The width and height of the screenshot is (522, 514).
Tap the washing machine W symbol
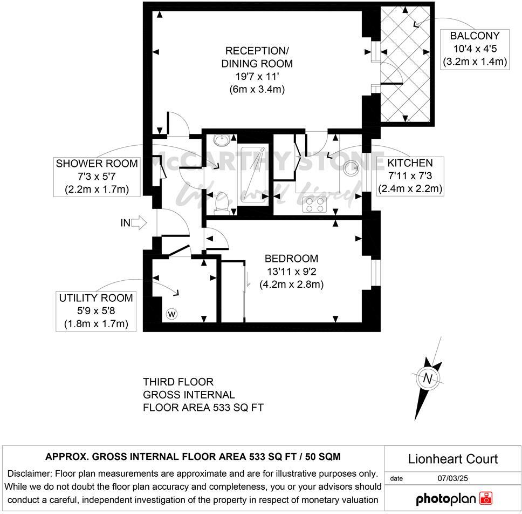(x=171, y=314)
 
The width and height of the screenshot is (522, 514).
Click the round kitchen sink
(x=351, y=167)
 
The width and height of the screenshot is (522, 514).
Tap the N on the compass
(x=427, y=378)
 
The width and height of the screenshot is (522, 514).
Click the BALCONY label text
(x=475, y=36)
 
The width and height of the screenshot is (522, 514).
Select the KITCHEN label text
(x=410, y=163)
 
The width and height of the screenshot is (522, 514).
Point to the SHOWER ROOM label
(x=97, y=164)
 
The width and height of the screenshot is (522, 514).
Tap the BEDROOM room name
(x=291, y=259)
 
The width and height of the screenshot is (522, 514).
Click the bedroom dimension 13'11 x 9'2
(x=291, y=272)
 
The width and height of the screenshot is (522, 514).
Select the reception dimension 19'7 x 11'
(x=257, y=77)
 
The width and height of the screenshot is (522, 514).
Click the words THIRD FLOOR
(x=178, y=382)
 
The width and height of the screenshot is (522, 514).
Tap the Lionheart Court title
(x=452, y=459)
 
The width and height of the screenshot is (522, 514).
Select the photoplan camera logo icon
(x=486, y=498)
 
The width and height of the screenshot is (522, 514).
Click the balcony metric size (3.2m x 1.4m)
(x=475, y=62)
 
